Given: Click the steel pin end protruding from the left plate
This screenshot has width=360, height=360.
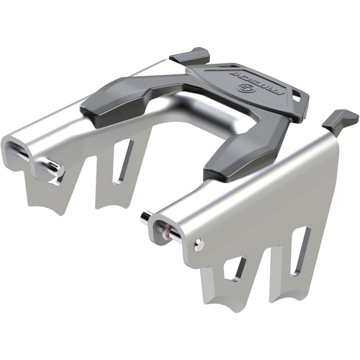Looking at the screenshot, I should (x=53, y=169).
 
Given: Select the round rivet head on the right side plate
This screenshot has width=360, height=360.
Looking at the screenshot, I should (x=198, y=245).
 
